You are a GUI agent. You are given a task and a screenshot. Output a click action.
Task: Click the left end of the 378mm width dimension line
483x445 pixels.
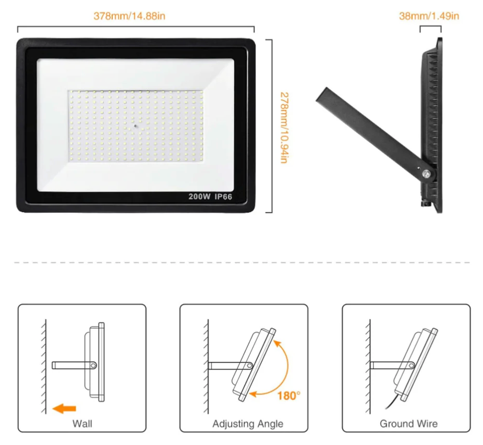[x=18, y=27]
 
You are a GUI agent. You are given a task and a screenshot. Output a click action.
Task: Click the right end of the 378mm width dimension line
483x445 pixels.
[x=254, y=27]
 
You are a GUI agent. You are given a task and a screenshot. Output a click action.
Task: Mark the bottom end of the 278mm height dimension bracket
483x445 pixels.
[x=272, y=212]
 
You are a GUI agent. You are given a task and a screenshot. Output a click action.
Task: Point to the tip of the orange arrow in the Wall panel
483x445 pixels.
[x=53, y=409]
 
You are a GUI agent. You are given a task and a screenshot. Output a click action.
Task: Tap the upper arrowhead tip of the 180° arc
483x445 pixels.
[x=274, y=340]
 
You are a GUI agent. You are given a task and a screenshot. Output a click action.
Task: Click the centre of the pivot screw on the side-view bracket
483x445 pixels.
[x=427, y=174]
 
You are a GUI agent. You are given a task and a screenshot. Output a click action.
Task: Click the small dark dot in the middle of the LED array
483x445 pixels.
[x=136, y=126]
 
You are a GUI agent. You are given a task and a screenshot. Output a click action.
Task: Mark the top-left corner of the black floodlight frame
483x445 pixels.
[x=17, y=39]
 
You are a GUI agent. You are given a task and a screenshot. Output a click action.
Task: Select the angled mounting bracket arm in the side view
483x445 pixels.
[x=376, y=135]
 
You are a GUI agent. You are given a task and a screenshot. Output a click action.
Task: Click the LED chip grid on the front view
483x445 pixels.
[x=136, y=126]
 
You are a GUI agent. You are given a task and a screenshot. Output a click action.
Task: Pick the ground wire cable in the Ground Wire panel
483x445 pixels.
[x=393, y=403]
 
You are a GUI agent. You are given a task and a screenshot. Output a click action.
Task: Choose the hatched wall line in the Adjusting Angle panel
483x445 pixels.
[x=206, y=366]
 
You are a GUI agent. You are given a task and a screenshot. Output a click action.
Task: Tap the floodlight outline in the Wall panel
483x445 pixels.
[x=94, y=362]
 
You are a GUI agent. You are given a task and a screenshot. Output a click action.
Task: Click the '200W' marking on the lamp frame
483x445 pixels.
[x=199, y=196]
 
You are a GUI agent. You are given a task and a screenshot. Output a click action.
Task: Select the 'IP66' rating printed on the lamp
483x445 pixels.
[x=223, y=196]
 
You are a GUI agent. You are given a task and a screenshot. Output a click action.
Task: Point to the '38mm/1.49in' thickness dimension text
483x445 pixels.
[x=429, y=16]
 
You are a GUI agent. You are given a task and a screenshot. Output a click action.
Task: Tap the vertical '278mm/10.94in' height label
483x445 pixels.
[x=284, y=128]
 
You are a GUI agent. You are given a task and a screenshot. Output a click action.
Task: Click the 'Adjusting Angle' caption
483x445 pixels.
[x=248, y=424]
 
